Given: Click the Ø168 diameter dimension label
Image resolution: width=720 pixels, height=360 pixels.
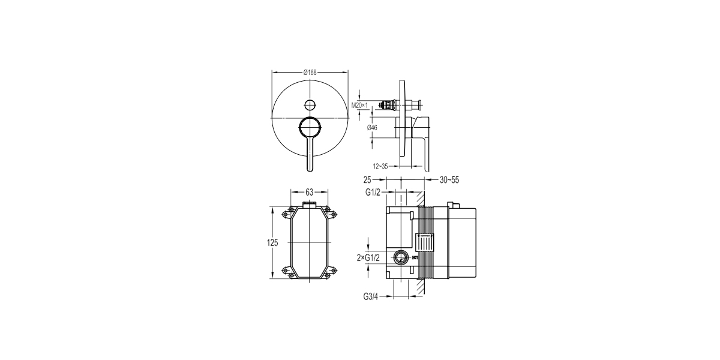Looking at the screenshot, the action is [310, 73].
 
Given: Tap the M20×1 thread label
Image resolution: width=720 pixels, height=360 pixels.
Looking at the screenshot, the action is [359, 105].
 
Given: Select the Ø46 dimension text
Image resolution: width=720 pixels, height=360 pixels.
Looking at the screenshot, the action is [372, 128].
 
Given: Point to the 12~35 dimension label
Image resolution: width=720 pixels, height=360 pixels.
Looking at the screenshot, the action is [380, 166].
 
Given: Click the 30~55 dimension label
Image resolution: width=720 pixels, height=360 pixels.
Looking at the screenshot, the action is [449, 180].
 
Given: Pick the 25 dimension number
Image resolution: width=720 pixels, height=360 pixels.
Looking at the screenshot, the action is [367, 179].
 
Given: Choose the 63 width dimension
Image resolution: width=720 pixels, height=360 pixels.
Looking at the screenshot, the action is [309, 192].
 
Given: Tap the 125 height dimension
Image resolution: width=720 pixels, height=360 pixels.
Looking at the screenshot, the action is [272, 242].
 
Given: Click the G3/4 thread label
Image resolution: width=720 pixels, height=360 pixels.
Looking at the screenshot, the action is [371, 296].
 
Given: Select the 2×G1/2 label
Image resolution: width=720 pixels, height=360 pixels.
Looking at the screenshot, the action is [368, 258].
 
